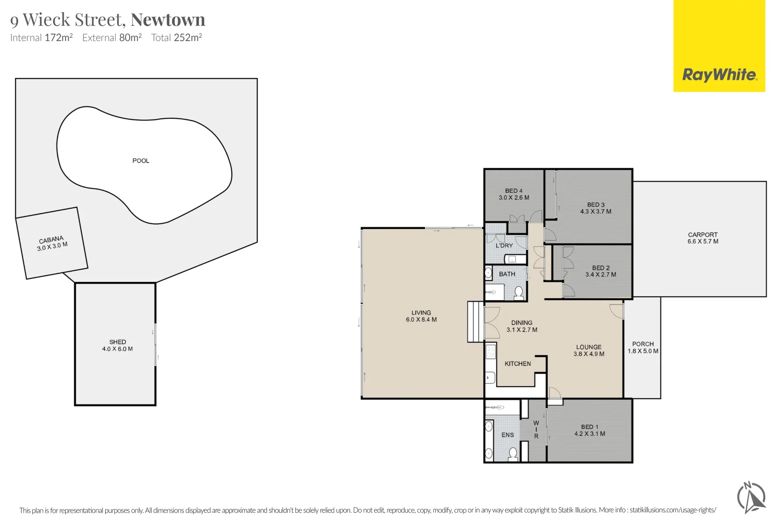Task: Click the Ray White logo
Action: click(719, 46)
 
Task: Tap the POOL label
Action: click(140, 161)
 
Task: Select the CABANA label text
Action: click(51, 240)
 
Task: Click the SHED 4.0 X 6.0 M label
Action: click(117, 346)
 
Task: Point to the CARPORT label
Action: click(703, 234)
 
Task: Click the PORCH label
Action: click(643, 344)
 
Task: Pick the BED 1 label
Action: click(590, 427)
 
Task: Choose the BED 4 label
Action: click(514, 191)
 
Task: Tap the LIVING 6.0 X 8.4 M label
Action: click(421, 316)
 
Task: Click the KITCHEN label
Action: click(518, 363)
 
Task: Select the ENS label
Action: click(508, 435)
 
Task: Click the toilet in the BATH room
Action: click(518, 293)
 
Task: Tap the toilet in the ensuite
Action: click(513, 454)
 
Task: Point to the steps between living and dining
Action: click(475, 322)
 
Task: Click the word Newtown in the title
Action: click(168, 19)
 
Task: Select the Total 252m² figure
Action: click(177, 37)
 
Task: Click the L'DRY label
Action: click(504, 246)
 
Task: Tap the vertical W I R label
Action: click(536, 430)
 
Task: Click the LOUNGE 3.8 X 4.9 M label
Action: click(589, 350)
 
